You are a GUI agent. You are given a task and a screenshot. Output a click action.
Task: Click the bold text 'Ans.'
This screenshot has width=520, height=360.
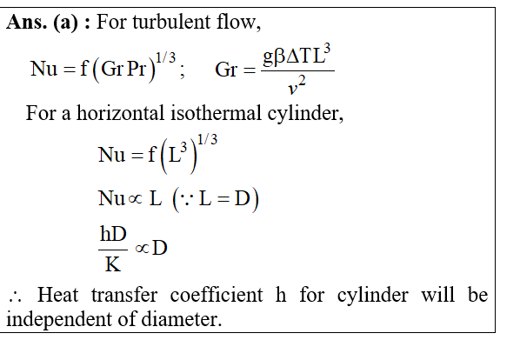pyautogui.click(x=27, y=23)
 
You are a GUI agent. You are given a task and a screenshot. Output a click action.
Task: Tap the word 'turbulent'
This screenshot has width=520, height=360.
pyautogui.click(x=171, y=23)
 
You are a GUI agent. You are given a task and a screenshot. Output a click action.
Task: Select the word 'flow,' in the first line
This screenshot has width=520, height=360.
pyautogui.click(x=238, y=23)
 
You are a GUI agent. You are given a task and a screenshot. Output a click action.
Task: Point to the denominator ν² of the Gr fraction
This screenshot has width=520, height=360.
pyautogui.click(x=297, y=85)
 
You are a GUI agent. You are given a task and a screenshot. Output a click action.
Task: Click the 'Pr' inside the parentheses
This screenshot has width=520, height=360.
pyautogui.click(x=137, y=69)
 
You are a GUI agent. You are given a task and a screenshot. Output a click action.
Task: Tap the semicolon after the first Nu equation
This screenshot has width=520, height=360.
pyautogui.click(x=182, y=71)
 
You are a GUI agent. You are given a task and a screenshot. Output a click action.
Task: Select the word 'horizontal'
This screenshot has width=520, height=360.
pyautogui.click(x=120, y=113)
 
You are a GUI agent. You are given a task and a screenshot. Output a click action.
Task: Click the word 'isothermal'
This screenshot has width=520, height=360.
pyautogui.click(x=216, y=113)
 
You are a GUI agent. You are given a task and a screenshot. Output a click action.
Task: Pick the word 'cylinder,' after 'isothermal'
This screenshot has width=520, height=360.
pyautogui.click(x=305, y=114)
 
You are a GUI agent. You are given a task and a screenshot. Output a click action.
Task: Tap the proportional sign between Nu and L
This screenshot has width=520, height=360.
pyautogui.click(x=135, y=199)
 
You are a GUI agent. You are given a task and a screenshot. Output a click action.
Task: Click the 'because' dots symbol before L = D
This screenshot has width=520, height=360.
pyautogui.click(x=187, y=199)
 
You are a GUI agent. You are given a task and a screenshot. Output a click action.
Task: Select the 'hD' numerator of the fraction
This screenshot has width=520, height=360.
pyautogui.click(x=113, y=234)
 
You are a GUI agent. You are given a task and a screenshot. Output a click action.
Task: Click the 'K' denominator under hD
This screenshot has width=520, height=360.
pyautogui.click(x=113, y=264)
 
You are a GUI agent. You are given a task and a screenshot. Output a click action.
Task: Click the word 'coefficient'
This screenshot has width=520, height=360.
pyautogui.click(x=217, y=295)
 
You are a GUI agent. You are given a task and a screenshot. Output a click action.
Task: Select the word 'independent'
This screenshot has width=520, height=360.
pyautogui.click(x=59, y=319)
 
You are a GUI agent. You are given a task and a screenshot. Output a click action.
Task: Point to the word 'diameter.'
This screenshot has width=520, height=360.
pyautogui.click(x=182, y=319)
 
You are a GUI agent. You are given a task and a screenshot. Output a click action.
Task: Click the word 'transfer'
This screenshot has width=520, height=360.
pyautogui.click(x=124, y=295)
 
